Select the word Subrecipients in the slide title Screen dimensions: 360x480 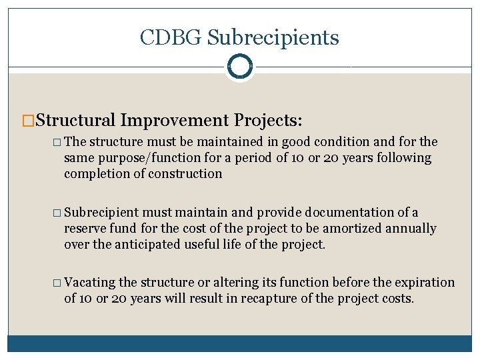[x=273, y=38]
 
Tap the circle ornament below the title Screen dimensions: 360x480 [x=239, y=67]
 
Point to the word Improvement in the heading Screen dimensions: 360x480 [x=175, y=120]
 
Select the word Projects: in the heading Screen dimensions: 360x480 [x=269, y=120]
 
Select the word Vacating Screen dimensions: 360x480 [x=91, y=283]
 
